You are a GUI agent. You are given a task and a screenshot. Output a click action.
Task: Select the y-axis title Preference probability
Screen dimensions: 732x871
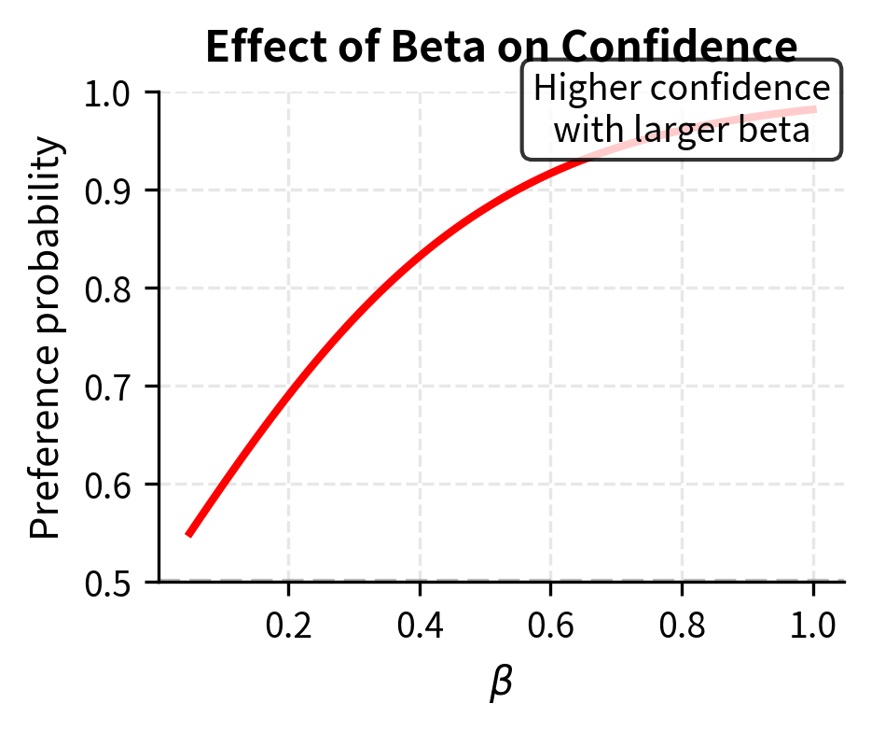pos(46,339)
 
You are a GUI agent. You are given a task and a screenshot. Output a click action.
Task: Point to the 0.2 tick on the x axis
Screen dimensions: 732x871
pos(289,625)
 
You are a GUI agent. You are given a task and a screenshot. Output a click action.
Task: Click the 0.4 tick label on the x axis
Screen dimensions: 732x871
pos(421,625)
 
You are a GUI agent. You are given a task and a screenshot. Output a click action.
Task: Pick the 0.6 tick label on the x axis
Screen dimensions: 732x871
pos(551,625)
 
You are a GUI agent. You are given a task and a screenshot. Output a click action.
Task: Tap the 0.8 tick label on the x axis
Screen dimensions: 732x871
pos(683,625)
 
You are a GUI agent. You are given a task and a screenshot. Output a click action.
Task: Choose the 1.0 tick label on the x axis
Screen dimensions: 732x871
pos(813,625)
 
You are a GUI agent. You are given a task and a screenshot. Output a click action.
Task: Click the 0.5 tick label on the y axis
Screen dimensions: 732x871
pos(106,583)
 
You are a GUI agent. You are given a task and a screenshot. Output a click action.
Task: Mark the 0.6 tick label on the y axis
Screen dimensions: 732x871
pos(106,485)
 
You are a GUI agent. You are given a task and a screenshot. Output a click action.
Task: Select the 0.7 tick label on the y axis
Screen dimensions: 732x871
pos(106,387)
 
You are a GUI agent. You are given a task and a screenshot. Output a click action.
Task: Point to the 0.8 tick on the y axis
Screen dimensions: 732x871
pos(106,289)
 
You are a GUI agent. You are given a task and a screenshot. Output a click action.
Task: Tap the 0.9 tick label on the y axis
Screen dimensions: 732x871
pos(106,190)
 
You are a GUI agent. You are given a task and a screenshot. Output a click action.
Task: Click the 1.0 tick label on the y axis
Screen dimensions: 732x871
pos(106,93)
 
